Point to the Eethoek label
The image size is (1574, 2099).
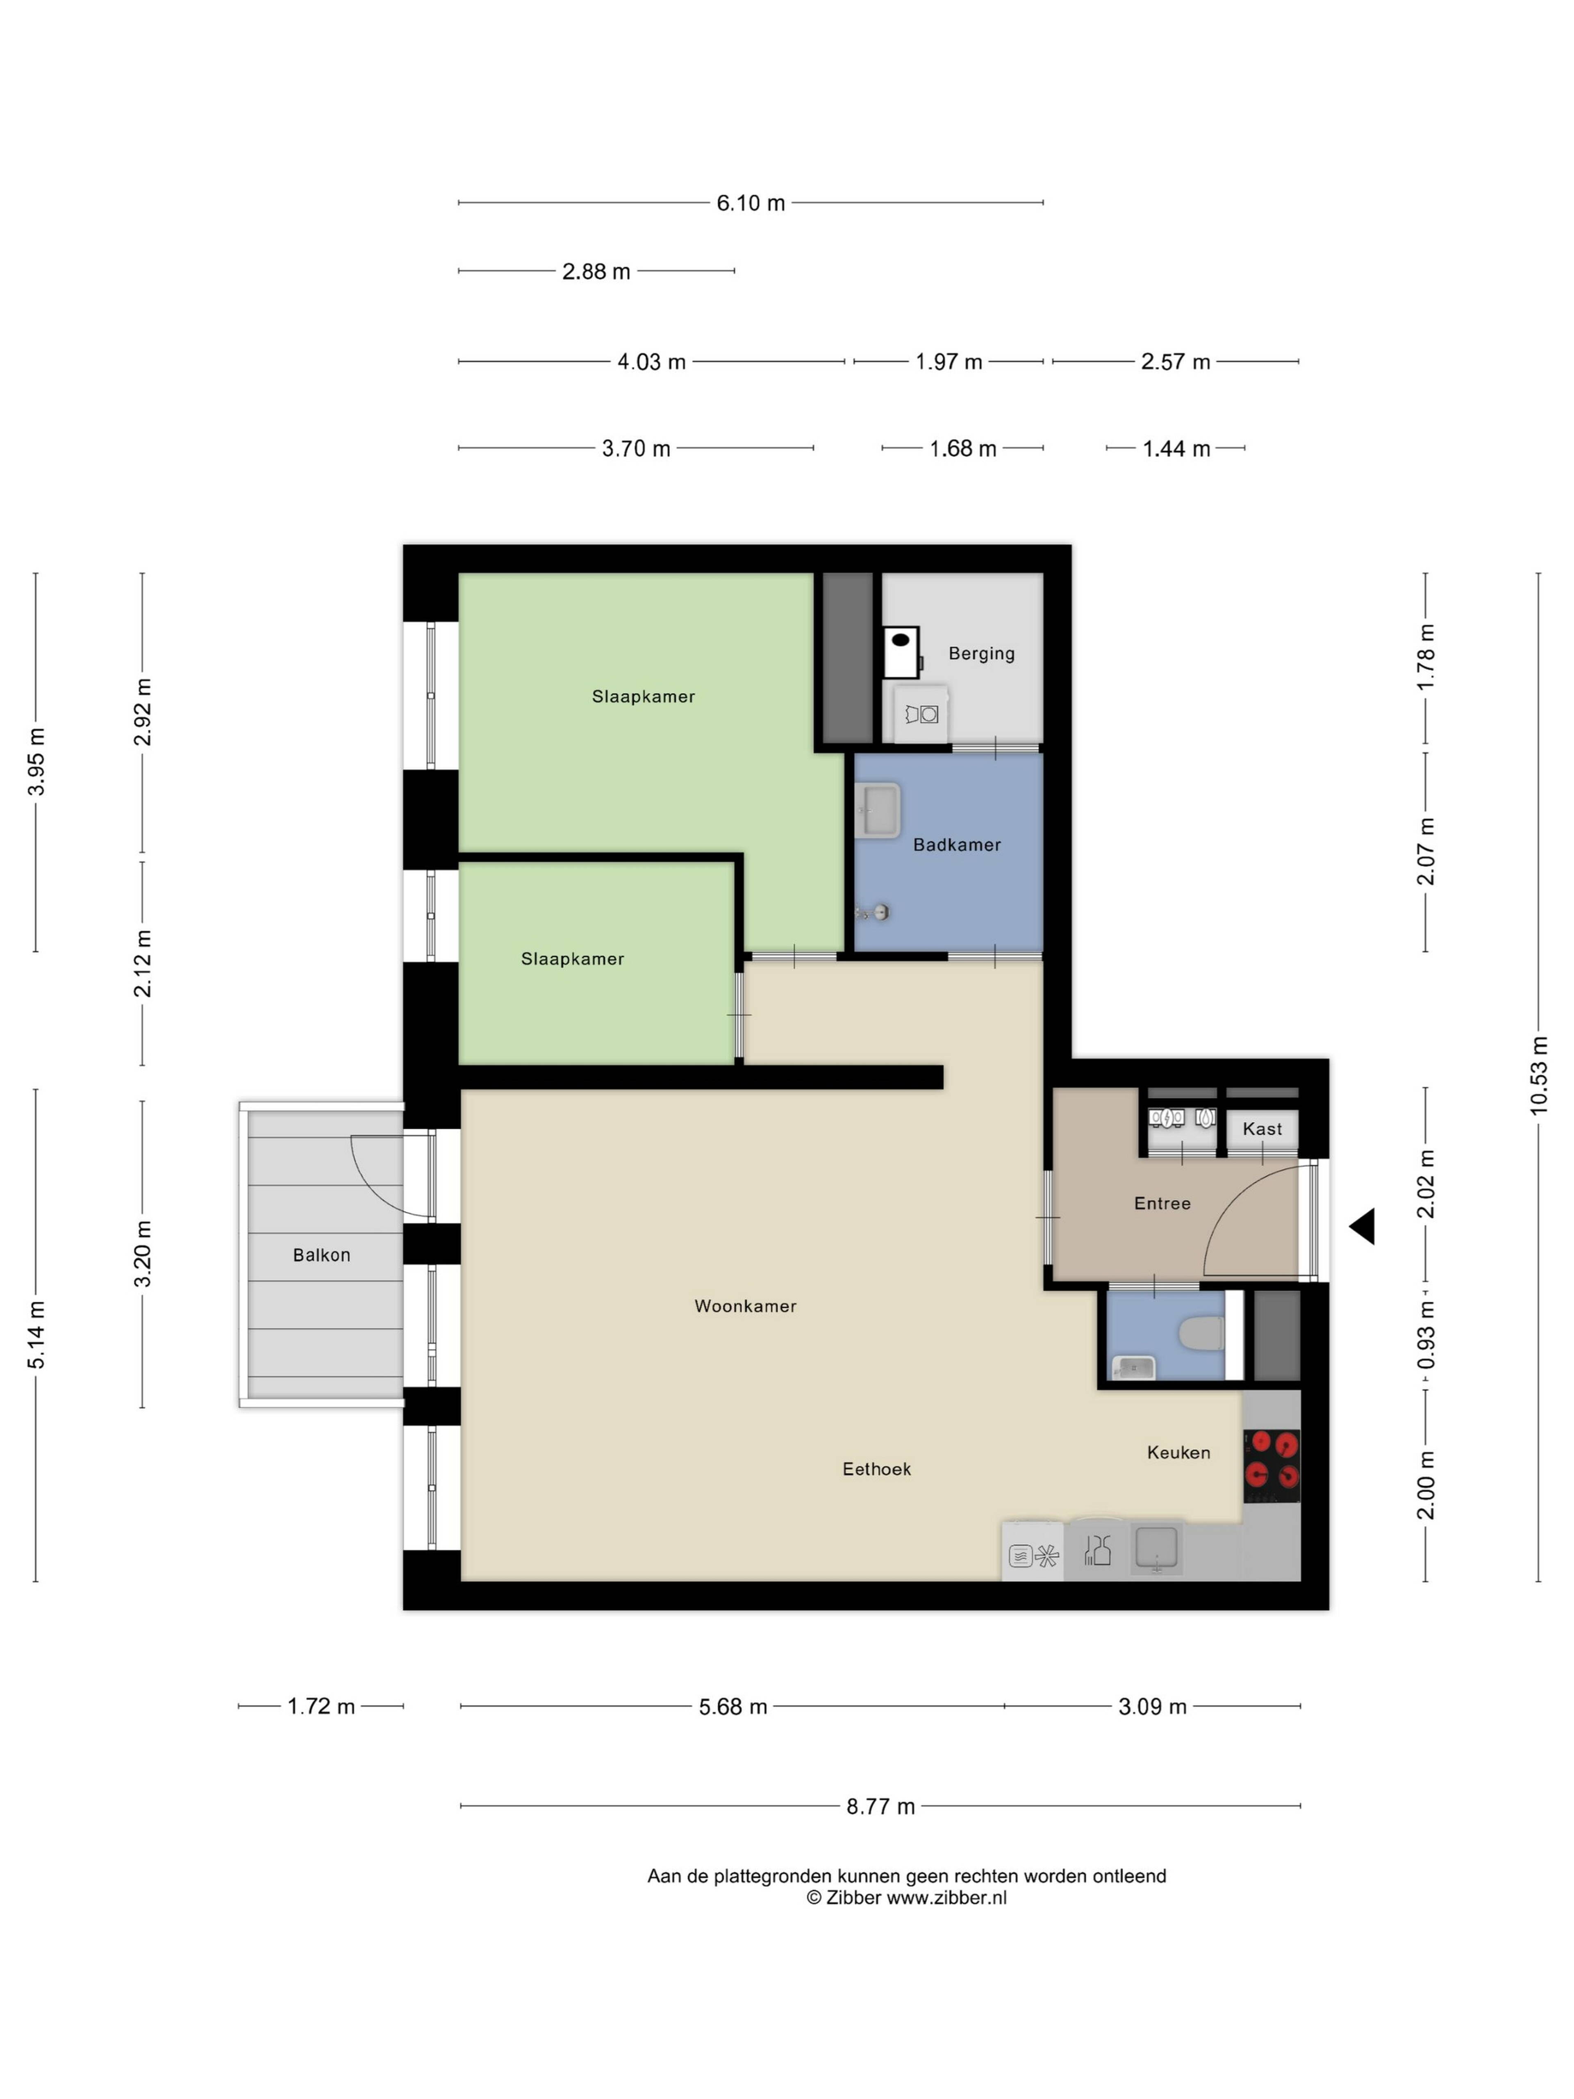(876, 1469)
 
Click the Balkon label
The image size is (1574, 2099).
(321, 1255)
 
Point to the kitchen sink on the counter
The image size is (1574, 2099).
(1155, 1550)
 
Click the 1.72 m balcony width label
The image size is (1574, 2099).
(321, 1706)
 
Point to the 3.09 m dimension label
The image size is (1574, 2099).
(1152, 1706)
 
